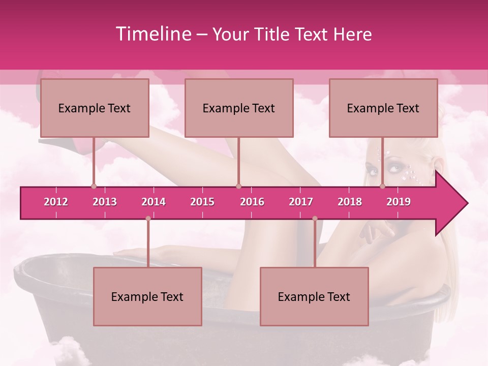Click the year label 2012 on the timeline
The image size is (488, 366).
pos(56,202)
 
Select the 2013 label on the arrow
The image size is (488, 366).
pos(105,202)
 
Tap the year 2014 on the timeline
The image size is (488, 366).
pos(154,202)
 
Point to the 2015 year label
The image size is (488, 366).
pos(202,202)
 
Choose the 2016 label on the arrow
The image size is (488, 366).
pos(252,202)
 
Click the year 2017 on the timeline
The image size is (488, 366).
pos(301,202)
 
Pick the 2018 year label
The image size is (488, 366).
pos(350,202)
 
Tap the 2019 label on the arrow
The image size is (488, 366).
pos(399,202)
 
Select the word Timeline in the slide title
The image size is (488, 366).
pos(152,34)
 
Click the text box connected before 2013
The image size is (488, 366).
pos(95,108)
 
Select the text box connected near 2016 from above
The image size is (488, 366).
pos(239,108)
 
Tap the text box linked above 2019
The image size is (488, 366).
pos(383,108)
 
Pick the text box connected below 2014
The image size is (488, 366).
pos(147,296)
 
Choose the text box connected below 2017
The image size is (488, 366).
pos(314,296)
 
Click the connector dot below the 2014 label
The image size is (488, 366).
pos(148,219)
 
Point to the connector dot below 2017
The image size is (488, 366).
pos(315,219)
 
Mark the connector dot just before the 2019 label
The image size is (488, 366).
pos(383,186)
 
